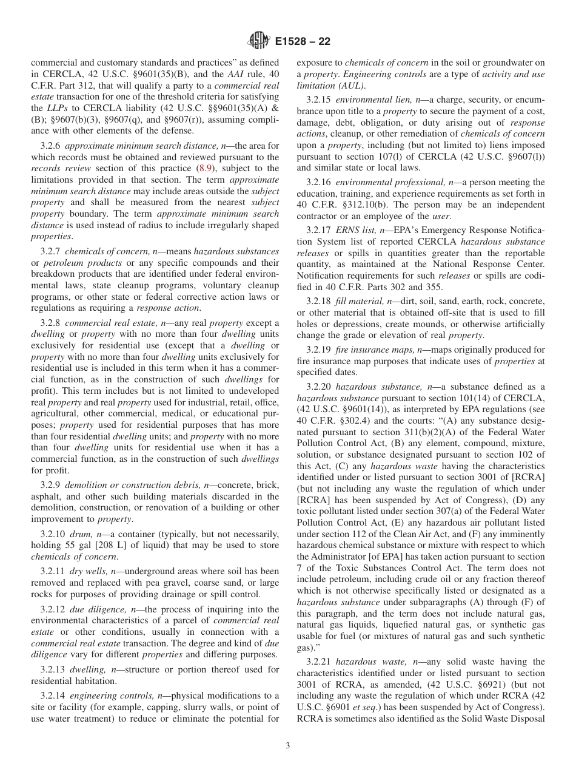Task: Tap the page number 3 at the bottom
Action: (x=288, y=746)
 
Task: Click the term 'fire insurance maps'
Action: (x=375, y=350)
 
